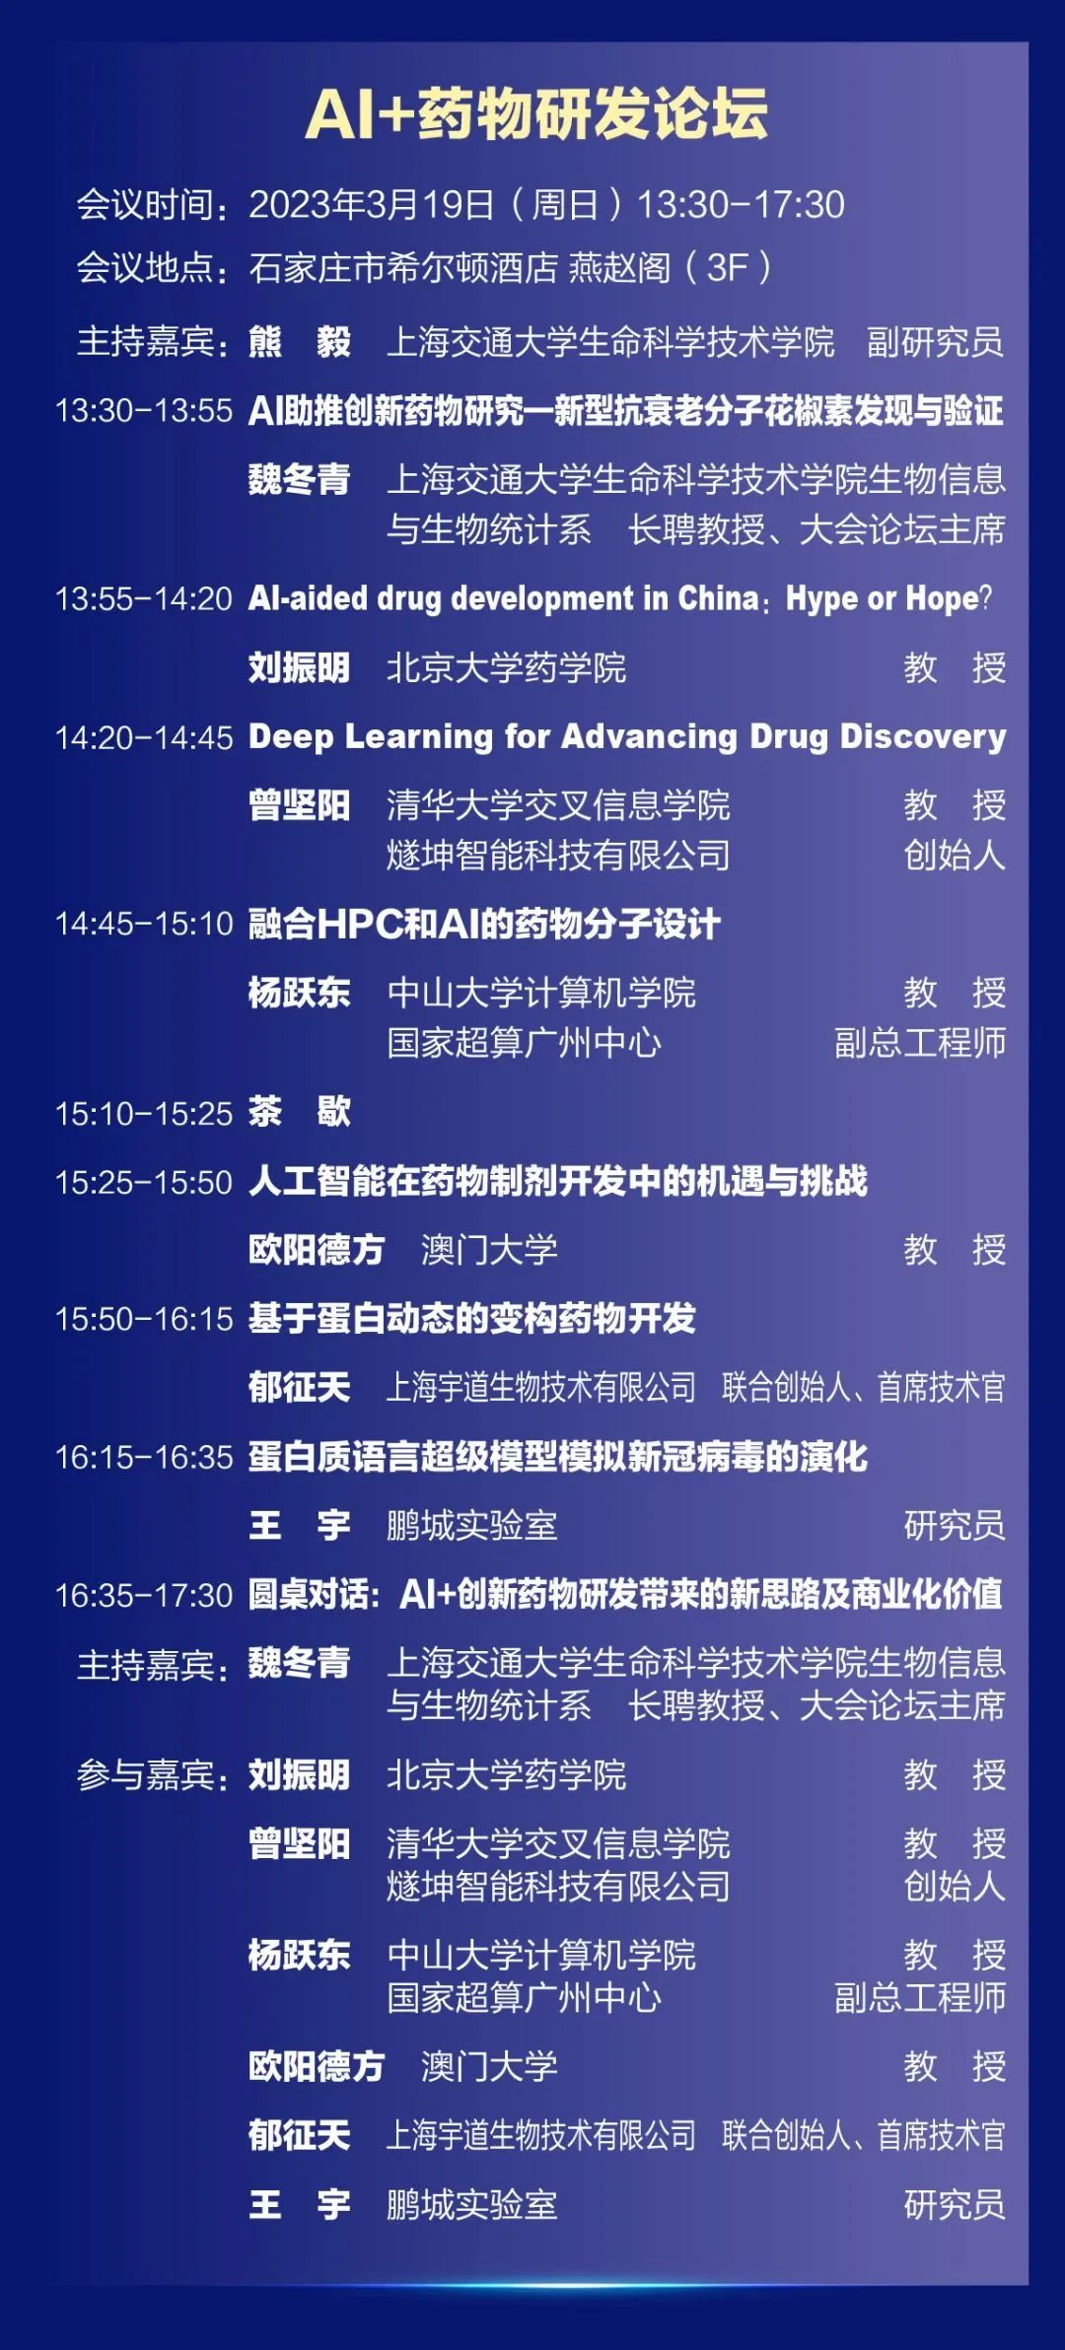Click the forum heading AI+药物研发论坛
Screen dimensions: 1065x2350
point(536,114)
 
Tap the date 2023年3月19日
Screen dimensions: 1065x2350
point(372,205)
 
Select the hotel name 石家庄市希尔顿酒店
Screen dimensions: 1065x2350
point(404,267)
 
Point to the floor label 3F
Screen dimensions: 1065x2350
point(727,267)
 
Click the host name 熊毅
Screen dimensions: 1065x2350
point(300,342)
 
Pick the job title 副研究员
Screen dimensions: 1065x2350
point(935,342)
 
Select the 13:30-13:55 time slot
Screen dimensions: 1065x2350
point(144,410)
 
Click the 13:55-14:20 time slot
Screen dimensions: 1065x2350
point(144,598)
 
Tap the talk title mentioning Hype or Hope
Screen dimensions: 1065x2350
point(620,598)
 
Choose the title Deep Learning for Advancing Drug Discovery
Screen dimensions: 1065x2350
point(627,736)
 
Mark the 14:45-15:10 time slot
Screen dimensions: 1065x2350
point(144,924)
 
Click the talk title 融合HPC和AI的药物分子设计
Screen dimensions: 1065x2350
point(484,924)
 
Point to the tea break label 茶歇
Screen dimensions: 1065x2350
point(300,1112)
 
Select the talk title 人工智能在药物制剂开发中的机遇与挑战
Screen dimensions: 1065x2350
point(558,1181)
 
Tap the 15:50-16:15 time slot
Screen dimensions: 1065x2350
point(144,1319)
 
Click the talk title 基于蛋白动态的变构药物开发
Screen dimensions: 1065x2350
point(472,1319)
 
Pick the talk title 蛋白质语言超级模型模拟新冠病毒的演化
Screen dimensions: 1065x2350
point(558,1457)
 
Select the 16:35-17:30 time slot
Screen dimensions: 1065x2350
point(144,1595)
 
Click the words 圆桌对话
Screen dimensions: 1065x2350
point(308,1595)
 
